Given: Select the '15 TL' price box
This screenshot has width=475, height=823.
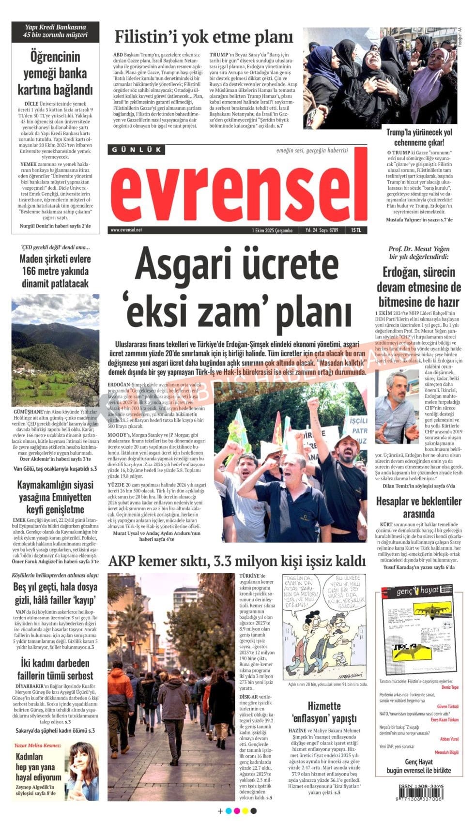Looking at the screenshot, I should (356, 230).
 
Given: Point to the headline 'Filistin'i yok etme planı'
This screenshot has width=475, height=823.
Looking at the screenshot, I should (204, 37).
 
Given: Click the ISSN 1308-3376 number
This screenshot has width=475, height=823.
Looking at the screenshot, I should (421, 786).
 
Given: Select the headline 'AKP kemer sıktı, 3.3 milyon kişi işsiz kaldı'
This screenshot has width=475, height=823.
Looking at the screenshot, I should (237, 561).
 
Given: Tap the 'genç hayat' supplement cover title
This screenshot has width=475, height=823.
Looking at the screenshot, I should (417, 590).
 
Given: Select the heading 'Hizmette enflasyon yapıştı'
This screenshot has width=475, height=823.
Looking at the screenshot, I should (324, 712).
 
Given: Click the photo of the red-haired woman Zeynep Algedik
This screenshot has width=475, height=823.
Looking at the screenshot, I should (82, 770).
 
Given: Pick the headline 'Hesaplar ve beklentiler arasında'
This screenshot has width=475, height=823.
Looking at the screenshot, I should (418, 507).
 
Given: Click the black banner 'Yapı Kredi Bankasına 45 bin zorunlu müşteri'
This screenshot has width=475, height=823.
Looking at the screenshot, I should (56, 31).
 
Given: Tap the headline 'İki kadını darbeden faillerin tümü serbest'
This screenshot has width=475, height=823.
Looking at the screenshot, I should (55, 669).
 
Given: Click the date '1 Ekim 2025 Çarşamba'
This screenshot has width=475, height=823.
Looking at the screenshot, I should (272, 230).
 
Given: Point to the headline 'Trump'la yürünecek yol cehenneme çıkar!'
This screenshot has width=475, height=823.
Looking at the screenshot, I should (419, 137).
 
